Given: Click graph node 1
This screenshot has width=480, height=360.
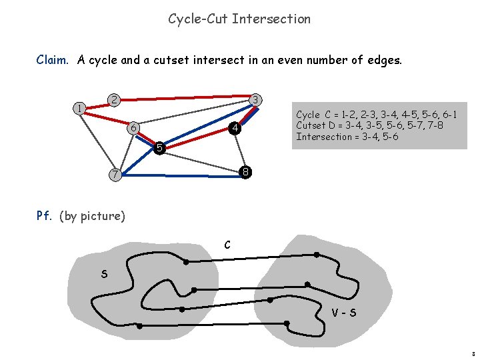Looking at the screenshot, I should coord(79,107).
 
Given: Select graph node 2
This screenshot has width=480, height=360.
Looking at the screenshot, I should coord(114,100).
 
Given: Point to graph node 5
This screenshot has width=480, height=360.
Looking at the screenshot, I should coord(159,147).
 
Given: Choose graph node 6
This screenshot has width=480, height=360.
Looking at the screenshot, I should coord(133,127).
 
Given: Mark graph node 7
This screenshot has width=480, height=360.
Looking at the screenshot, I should coord(115,175).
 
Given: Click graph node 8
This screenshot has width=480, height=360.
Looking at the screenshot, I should coord(245,172).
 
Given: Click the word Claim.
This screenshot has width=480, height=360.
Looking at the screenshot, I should coord(52,60).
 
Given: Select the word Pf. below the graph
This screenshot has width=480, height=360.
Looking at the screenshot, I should coord(45,215).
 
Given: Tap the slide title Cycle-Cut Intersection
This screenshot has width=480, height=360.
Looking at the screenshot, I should coord(239,19).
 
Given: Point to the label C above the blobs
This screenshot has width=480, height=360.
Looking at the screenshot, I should coord(227,245).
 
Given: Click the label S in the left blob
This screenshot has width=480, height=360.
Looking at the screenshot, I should coord(105,273).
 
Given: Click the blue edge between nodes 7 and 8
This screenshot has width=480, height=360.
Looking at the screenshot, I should coord(180,175).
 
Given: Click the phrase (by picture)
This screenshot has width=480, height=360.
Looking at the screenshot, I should coord(92,216).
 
